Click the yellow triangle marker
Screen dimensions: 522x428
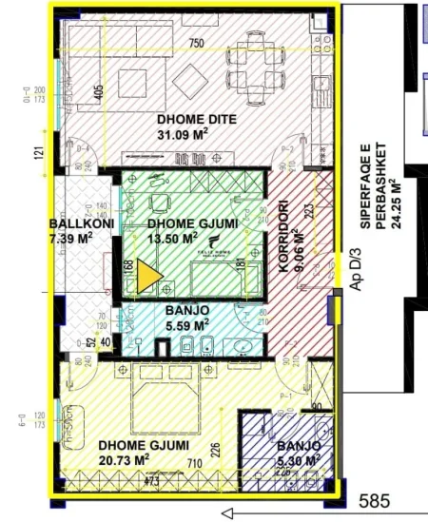[x=148, y=278]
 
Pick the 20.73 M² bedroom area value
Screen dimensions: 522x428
[x=129, y=460]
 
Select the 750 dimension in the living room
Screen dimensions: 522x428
[x=197, y=44]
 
